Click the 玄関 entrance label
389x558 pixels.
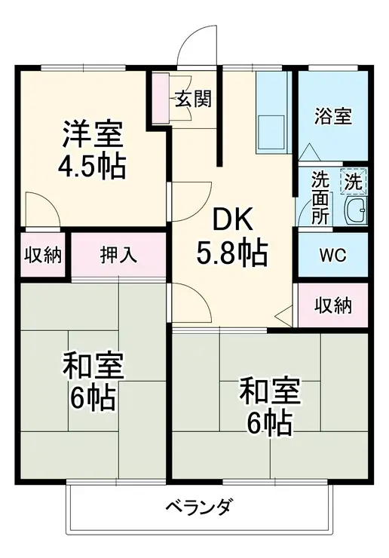tap(194, 99)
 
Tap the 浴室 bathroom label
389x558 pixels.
tap(332, 117)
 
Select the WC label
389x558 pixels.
tap(332, 255)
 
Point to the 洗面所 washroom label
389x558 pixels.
tap(320, 198)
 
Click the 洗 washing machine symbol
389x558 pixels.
tap(354, 181)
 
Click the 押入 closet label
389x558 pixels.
tap(118, 255)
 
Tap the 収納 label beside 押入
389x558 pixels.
tap(41, 255)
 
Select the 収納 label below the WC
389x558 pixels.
tap(332, 306)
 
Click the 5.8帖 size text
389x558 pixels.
tap(232, 254)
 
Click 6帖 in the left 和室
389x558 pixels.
tap(93, 395)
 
